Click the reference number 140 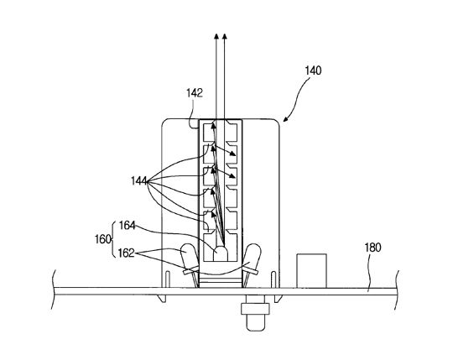pos(313,70)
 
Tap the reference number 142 pos(195,93)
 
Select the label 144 pos(139,181)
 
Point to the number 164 pos(128,226)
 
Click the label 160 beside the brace pos(103,239)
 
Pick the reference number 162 pos(126,253)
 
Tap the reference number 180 pos(372,248)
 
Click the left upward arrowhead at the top pos(216,36)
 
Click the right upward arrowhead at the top pos(225,36)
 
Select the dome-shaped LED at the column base pos(220,254)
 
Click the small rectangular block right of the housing pos(312,271)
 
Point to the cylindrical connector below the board pos(255,313)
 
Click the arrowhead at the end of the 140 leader pos(285,119)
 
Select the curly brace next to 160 pos(113,239)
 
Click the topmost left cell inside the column pos(209,133)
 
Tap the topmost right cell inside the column pos(232,133)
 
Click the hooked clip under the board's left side pos(162,299)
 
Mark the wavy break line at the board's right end pos(397,290)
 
